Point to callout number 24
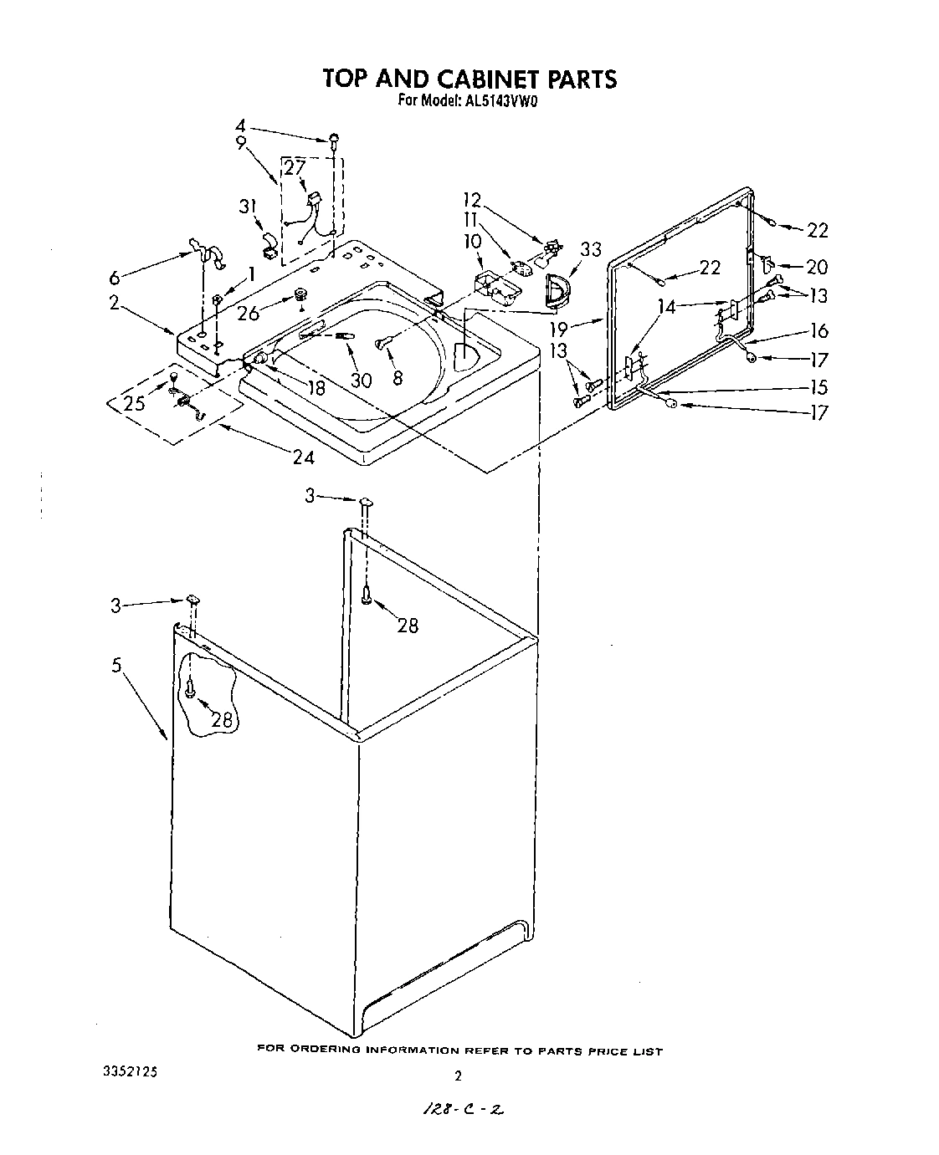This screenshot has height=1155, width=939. (304, 457)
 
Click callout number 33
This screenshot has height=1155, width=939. (591, 248)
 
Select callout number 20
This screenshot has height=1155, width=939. (816, 267)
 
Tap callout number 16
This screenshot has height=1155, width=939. (818, 331)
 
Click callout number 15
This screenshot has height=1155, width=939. (818, 386)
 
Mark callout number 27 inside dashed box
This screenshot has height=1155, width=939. (294, 167)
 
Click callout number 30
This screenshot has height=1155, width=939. (361, 379)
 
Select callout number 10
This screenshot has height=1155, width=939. (474, 241)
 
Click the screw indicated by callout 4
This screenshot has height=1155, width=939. (334, 139)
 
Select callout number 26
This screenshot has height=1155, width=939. (249, 314)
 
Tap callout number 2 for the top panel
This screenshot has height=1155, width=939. (115, 304)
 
